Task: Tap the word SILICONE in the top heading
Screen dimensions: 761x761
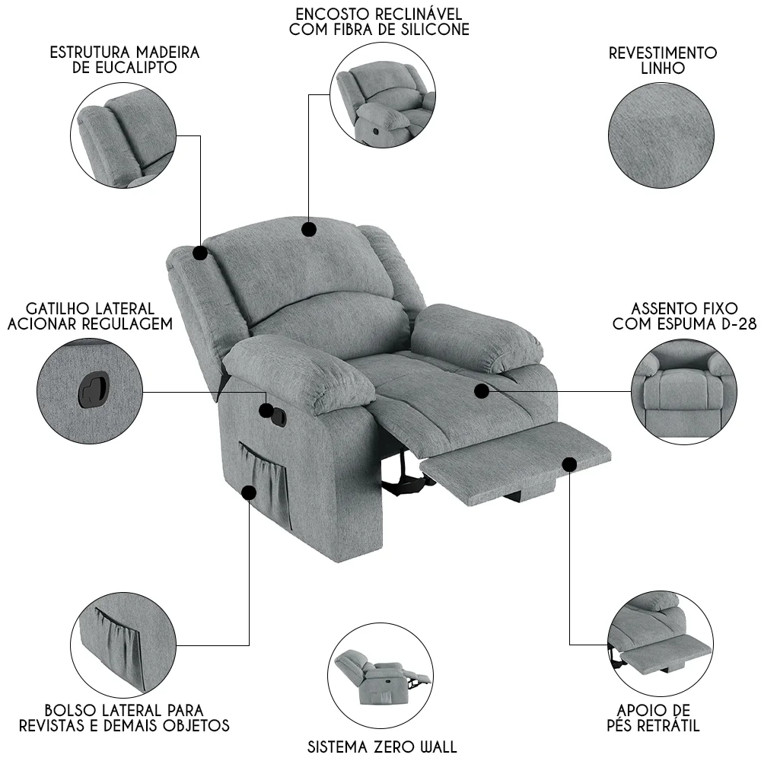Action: click(433, 29)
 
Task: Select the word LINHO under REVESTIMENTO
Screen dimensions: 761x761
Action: click(663, 68)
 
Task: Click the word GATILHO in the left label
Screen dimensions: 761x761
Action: click(59, 309)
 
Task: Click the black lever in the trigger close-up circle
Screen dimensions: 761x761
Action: click(94, 389)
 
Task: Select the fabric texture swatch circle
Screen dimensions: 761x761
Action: click(661, 135)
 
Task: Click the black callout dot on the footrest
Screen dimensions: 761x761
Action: click(570, 464)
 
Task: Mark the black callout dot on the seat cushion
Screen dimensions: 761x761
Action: click(482, 391)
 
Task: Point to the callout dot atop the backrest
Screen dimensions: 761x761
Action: click(309, 229)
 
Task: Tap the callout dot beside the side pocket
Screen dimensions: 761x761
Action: click(249, 493)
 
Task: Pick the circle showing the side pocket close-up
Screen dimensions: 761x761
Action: click(123, 645)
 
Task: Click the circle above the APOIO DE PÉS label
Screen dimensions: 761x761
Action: click(660, 643)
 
